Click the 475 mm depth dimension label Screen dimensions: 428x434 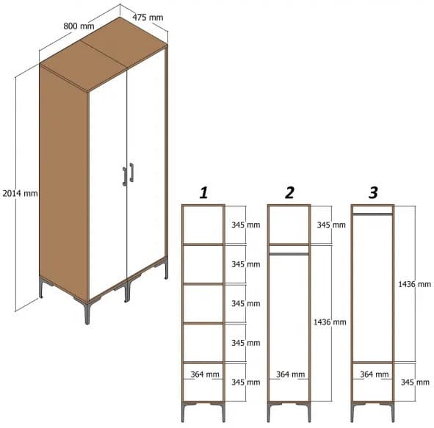(148, 15)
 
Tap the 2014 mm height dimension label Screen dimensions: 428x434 (19, 193)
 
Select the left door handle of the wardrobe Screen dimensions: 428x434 (125, 176)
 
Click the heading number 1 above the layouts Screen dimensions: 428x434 (203, 193)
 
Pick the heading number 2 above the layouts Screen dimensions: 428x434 (289, 193)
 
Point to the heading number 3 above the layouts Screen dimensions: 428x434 (373, 193)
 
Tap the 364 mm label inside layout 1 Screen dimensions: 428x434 (206, 374)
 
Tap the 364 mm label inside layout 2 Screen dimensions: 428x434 (291, 374)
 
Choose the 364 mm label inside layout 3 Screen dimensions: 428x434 (375, 374)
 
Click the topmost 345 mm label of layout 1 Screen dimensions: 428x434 (245, 225)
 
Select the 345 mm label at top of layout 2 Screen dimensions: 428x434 (330, 225)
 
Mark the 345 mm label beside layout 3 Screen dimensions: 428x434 (416, 382)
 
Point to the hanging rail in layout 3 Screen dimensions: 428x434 (372, 214)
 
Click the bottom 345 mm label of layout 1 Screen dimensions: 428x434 (245, 382)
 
